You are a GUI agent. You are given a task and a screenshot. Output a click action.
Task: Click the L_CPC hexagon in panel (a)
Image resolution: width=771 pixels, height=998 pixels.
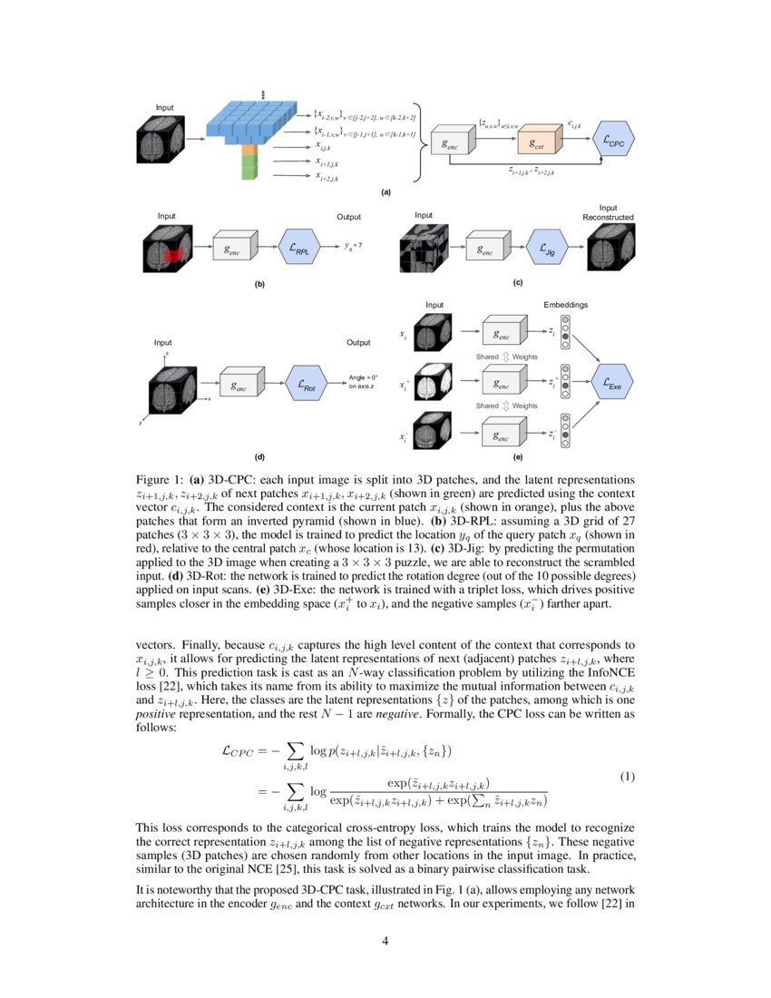tap(613, 142)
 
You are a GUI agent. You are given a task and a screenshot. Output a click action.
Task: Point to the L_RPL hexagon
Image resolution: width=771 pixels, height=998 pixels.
tap(299, 247)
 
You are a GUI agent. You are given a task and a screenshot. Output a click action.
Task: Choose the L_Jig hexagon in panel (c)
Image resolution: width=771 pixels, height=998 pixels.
tap(546, 247)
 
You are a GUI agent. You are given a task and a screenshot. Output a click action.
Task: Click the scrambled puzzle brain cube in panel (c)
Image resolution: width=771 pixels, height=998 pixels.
tap(423, 247)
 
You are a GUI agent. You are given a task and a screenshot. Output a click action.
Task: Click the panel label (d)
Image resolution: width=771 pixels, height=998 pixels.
tap(259, 457)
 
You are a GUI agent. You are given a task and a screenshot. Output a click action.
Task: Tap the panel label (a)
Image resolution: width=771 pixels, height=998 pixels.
tap(386, 193)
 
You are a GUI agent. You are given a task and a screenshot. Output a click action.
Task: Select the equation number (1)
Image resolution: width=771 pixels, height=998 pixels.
tap(627, 778)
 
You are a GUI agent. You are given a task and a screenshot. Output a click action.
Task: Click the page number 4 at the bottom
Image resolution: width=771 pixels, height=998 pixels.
tap(385, 941)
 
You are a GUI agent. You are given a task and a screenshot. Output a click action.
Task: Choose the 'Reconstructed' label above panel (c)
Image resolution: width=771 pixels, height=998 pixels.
tap(608, 218)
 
